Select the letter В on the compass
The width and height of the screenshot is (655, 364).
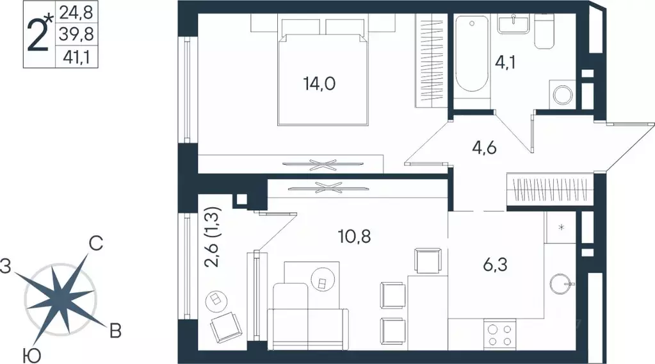tap(115, 331)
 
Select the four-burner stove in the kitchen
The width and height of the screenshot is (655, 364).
tap(499, 335)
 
